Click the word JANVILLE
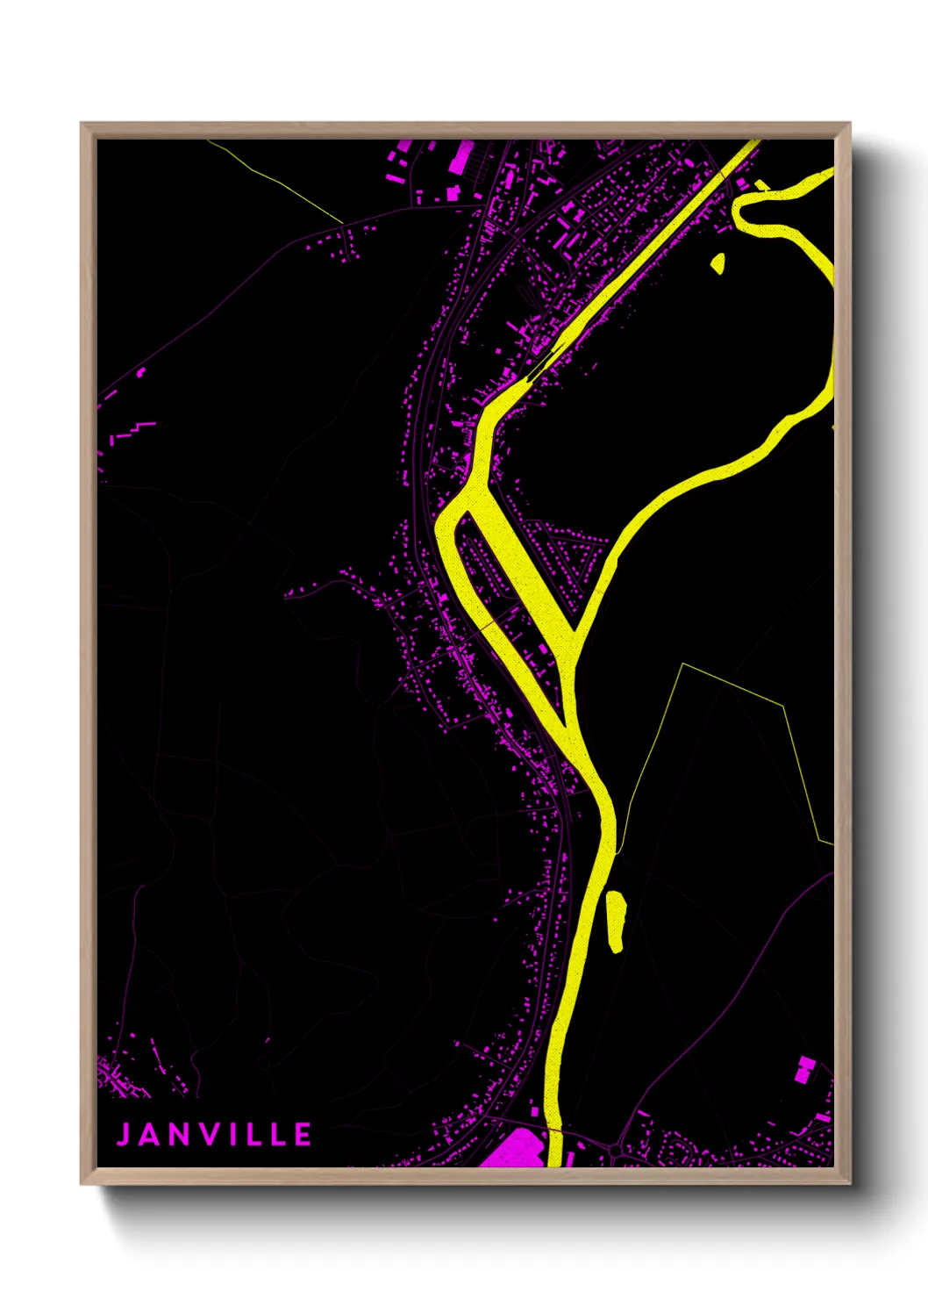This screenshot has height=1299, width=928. click(215, 1134)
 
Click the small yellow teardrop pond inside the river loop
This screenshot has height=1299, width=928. click(717, 263)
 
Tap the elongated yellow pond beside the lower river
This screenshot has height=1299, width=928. click(615, 921)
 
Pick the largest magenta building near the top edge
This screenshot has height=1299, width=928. click(460, 158)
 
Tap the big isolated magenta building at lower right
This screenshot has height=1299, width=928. click(803, 1069)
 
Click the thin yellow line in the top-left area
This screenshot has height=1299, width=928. click(276, 180)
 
